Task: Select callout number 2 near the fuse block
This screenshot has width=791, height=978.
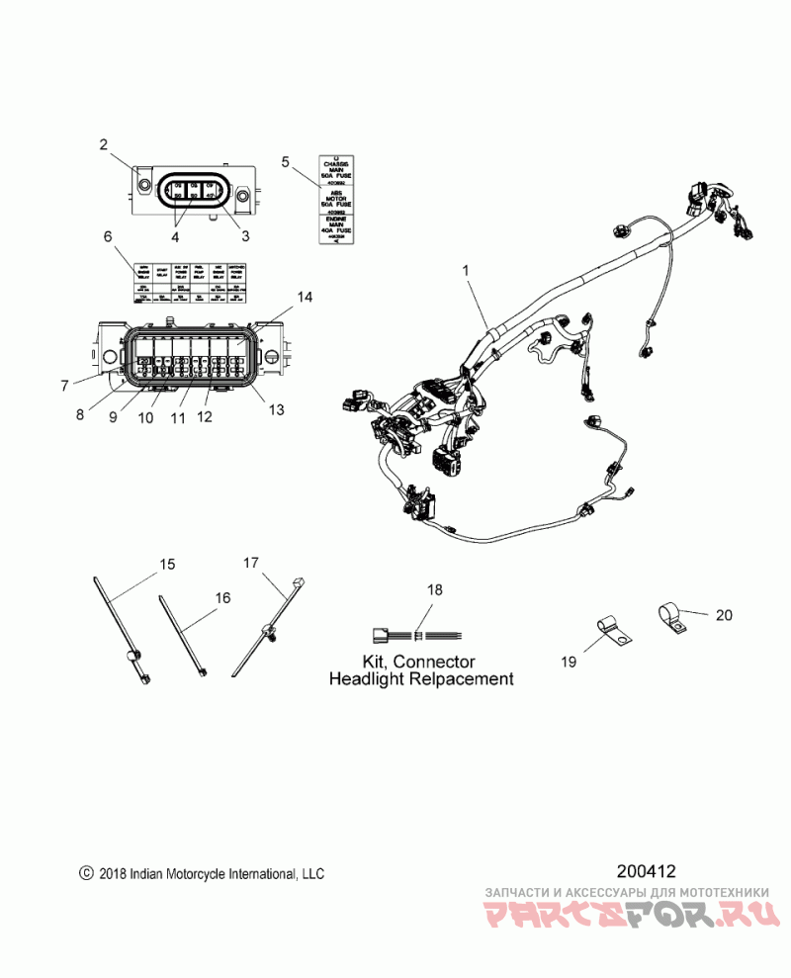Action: point(103,145)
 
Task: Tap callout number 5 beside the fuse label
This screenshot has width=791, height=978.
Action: point(285,161)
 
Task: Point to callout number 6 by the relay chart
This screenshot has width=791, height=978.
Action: point(108,236)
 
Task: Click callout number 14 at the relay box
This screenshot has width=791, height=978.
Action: point(305,297)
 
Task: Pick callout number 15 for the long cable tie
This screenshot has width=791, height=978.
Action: point(168,565)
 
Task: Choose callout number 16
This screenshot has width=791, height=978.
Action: point(222,597)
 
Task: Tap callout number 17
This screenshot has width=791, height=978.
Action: point(251,562)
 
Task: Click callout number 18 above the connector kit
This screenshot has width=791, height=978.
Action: point(434,589)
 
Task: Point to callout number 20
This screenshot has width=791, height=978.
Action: point(724,615)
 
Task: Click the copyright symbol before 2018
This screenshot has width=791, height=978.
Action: point(86,874)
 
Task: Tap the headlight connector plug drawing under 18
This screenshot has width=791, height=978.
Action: point(381,635)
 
